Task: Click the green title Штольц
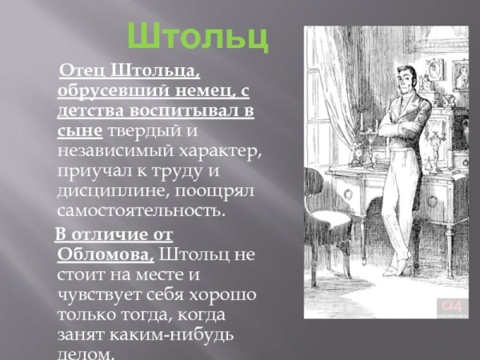pyautogui.click(x=199, y=38)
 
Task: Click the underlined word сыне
pyautogui.click(x=79, y=131)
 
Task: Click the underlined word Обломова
pyautogui.click(x=105, y=254)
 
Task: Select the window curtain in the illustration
pyautogui.click(x=328, y=104)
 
